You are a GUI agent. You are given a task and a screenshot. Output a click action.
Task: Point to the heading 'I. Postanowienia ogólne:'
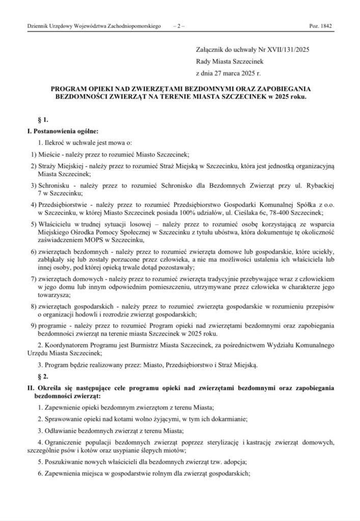point(59,131)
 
